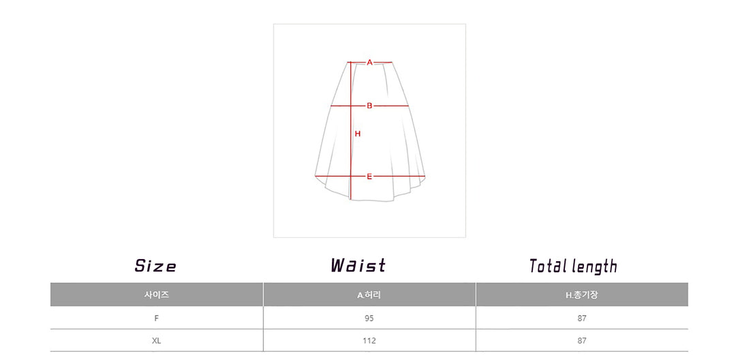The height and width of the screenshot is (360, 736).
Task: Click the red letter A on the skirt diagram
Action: point(369,62)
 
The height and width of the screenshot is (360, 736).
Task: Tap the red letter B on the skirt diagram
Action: point(369,106)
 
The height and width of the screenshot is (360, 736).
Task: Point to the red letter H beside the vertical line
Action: point(358,134)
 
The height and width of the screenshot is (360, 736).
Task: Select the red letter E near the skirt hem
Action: point(369,177)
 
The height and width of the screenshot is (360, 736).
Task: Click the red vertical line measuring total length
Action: point(351,150)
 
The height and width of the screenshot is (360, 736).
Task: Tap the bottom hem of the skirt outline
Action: point(371,201)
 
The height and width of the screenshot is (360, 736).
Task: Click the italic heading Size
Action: point(155,266)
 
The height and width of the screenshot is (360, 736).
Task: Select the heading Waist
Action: point(358,265)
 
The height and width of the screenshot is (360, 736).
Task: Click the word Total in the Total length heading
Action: point(549,266)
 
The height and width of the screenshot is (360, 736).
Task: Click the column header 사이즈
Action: point(156,295)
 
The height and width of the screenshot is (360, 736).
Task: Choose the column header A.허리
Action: point(369,295)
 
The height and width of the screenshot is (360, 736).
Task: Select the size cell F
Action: point(156,318)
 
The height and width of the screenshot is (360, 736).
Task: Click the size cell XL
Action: point(156,341)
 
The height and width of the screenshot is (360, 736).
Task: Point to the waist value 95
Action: point(369,318)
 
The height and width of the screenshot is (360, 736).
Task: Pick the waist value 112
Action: point(369,341)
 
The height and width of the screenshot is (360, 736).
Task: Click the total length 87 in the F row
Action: point(581,318)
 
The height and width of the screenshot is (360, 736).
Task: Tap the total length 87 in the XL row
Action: point(581,341)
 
